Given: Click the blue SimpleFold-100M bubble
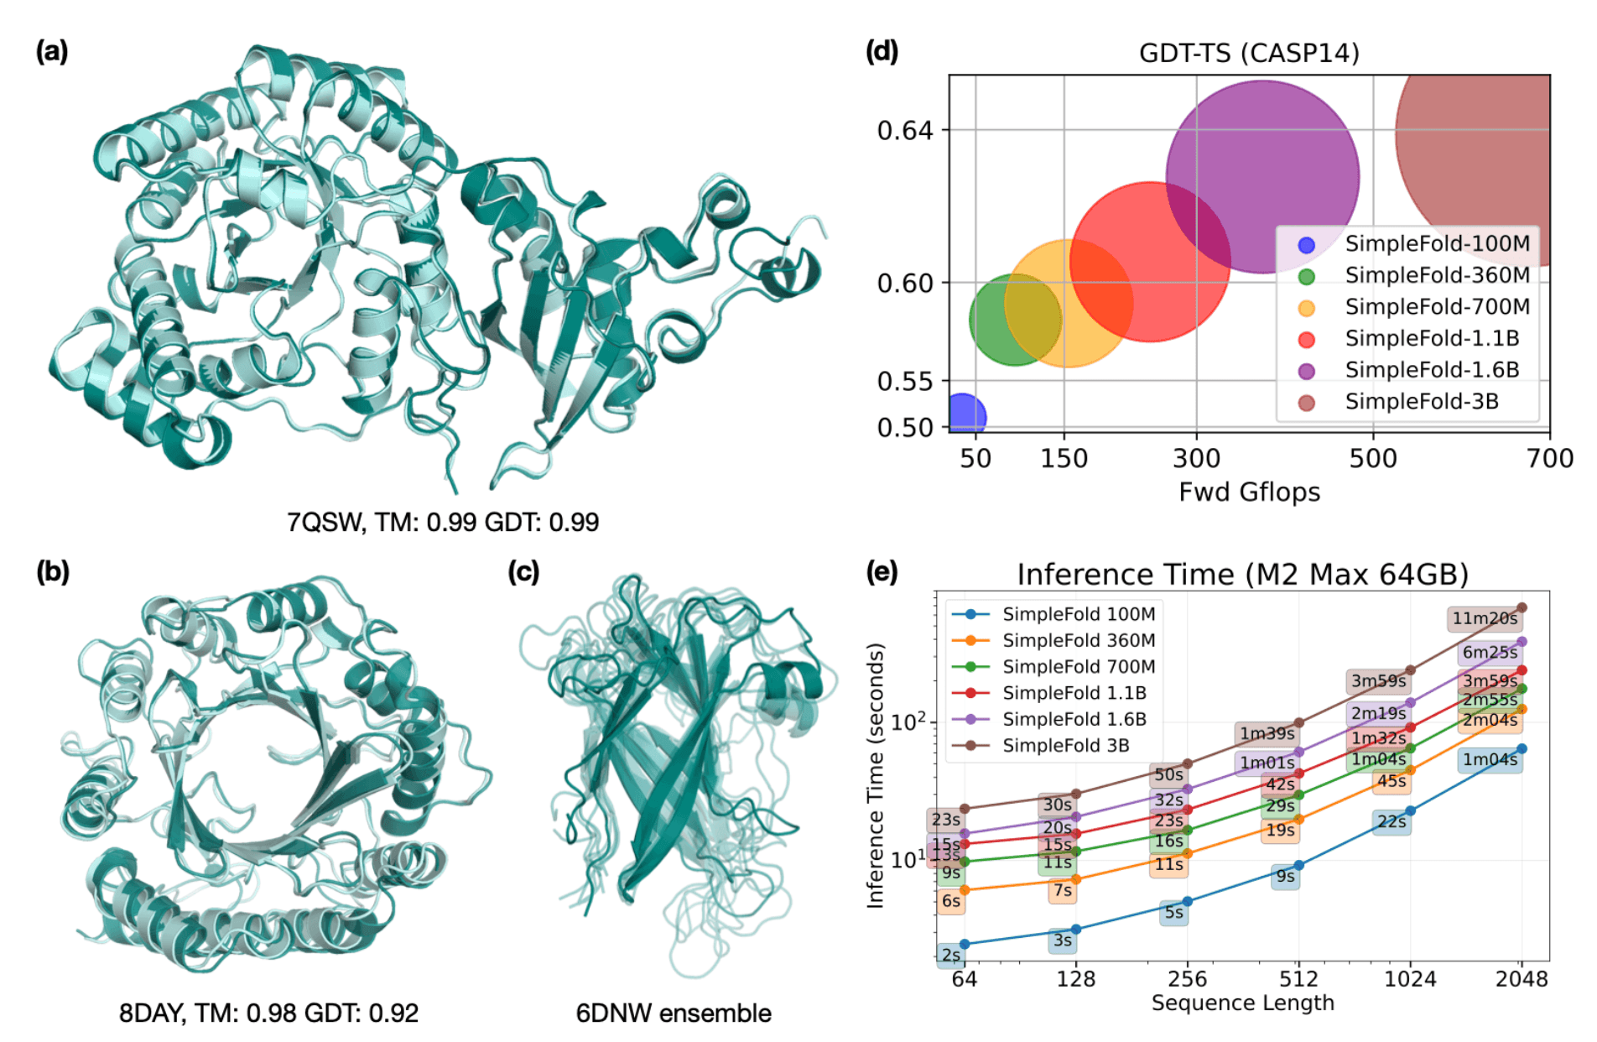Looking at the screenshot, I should [965, 415].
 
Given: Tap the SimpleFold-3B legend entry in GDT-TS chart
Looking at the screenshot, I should [1421, 402].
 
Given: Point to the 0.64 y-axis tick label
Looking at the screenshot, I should [904, 131].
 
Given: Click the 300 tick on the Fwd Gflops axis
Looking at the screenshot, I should [1196, 458].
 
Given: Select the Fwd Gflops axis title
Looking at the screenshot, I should [1249, 492].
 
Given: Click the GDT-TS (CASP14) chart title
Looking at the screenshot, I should [1249, 54].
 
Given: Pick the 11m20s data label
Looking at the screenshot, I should [1484, 619].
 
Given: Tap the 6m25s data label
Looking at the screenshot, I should [1490, 653].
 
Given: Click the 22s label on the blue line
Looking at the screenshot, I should [1392, 822].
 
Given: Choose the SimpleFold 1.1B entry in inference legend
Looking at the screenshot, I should [1074, 693].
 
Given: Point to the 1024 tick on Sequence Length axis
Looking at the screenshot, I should [1410, 979].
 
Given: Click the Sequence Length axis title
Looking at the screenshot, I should [1242, 1003].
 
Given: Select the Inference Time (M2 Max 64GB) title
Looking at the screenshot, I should [1242, 575].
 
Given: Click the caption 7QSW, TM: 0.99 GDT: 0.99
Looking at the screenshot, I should [443, 523].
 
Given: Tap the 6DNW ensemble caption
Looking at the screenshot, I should [673, 1013].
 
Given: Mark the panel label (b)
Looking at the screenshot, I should [52, 571].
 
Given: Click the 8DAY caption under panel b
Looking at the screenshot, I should [268, 1013].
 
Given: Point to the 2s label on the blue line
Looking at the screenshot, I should [950, 956].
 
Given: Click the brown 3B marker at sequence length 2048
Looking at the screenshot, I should [1522, 607].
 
